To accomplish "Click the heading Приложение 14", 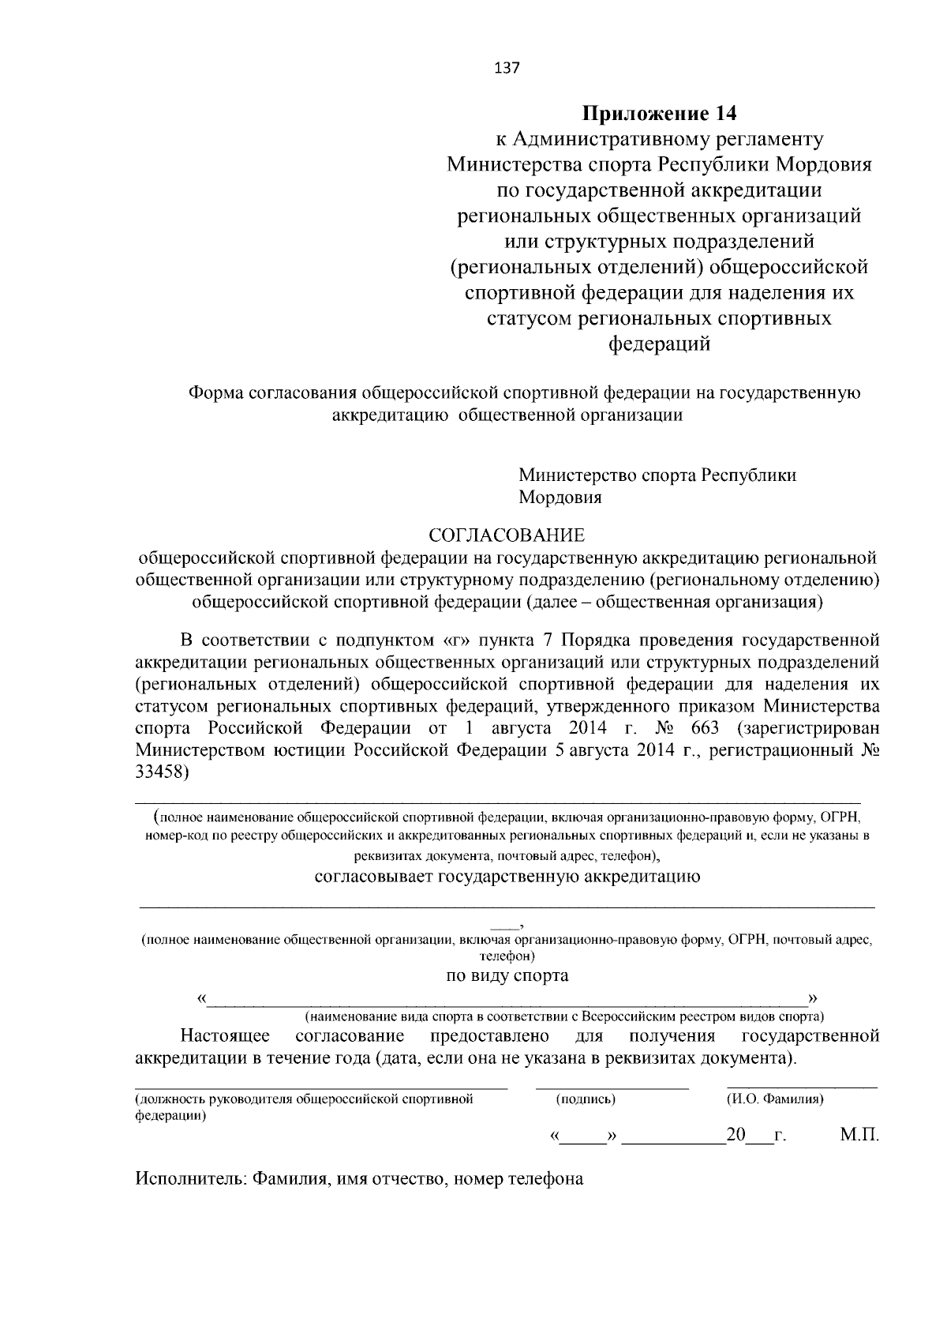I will [x=659, y=114].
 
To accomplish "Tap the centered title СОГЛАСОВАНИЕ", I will [x=507, y=535].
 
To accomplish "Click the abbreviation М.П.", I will [x=859, y=1136].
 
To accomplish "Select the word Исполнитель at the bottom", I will [x=189, y=1179].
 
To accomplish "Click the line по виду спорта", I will [x=507, y=975].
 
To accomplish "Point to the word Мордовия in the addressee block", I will [x=560, y=498].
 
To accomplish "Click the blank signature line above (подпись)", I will [x=612, y=1087].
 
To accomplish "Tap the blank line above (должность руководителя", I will [x=320, y=1087].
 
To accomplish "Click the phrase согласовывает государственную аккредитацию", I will [x=507, y=877].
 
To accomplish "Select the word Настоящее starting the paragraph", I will [x=225, y=1035].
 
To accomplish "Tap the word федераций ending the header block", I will [x=659, y=344].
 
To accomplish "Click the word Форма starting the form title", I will [x=214, y=393].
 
